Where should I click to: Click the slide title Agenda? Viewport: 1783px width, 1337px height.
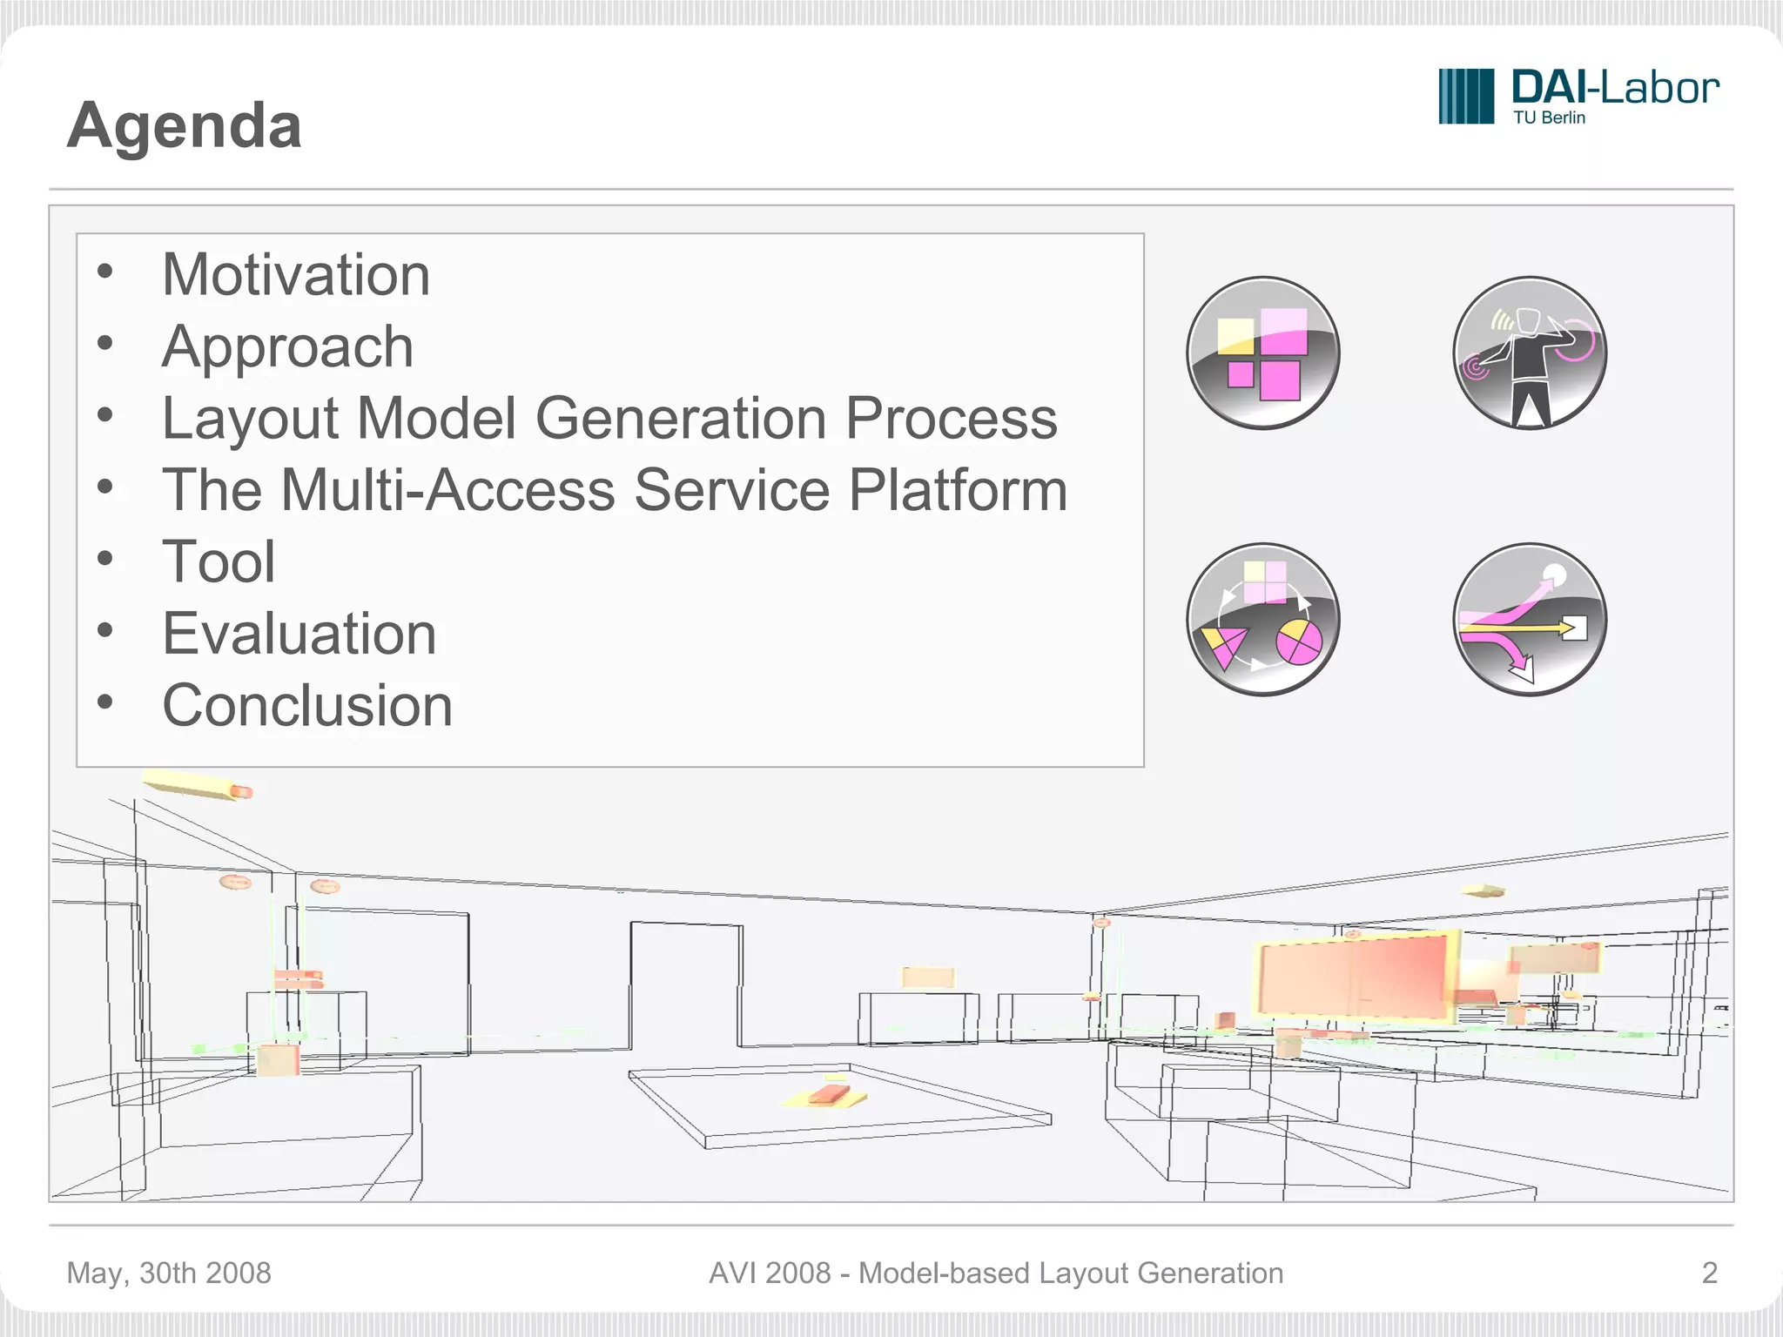(184, 125)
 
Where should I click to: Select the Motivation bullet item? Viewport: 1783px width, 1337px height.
(296, 275)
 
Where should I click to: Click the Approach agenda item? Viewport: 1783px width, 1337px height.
(287, 346)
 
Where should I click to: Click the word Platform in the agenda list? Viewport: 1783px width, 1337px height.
(958, 490)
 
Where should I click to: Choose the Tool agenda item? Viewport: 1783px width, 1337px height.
(219, 561)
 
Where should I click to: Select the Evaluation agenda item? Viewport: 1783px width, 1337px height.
(299, 633)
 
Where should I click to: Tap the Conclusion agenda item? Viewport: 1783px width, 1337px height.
(307, 705)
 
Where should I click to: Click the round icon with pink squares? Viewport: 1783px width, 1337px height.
(1262, 353)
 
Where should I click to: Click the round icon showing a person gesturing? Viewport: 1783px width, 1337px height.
(1530, 353)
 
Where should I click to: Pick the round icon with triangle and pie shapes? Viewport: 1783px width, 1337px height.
(1262, 619)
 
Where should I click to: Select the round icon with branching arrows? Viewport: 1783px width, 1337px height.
(1530, 619)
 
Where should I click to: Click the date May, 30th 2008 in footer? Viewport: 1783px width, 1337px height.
(169, 1273)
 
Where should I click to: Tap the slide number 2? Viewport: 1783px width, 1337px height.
(1709, 1273)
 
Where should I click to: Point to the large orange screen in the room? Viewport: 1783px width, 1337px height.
(1354, 977)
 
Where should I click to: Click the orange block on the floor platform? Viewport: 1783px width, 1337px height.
(828, 1093)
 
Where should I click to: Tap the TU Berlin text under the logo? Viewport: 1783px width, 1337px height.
(1549, 118)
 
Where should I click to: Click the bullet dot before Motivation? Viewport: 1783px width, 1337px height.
(105, 272)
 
